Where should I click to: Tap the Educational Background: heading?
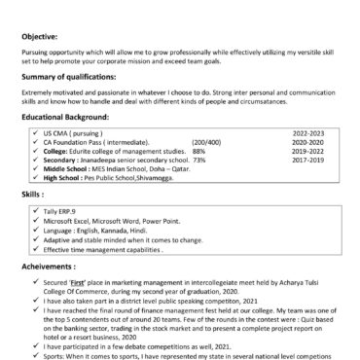pos(69,116)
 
